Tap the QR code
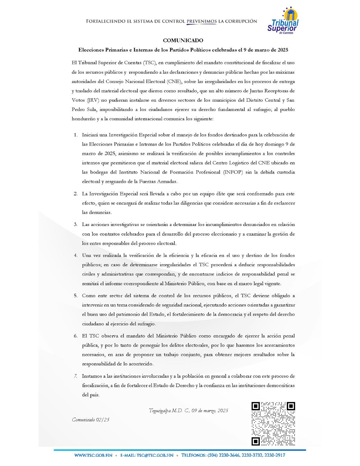coord(273,423)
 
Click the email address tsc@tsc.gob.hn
coord(147,455)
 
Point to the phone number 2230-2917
coord(275,455)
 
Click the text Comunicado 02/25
coord(91,420)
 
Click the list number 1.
coord(75,135)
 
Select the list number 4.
coord(75,255)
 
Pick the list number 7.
coord(75,376)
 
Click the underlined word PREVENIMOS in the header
coord(202,21)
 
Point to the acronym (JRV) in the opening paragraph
coord(92,100)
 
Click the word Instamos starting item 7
coord(91,376)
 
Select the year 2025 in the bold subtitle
coord(282,50)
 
